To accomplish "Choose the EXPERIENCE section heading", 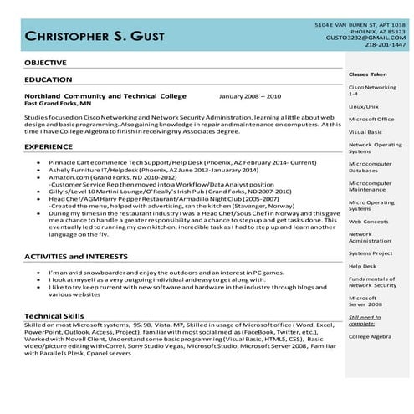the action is pyautogui.click(x=49, y=146).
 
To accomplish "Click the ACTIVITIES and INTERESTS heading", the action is pyautogui.click(x=79, y=256).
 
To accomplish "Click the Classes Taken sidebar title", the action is pyautogui.click(x=367, y=74).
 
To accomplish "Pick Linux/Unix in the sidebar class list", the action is pyautogui.click(x=364, y=107).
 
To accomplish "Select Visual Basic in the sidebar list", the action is pyautogui.click(x=365, y=131).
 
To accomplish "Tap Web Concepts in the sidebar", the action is pyautogui.click(x=368, y=222).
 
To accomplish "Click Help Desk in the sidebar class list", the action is pyautogui.click(x=362, y=266).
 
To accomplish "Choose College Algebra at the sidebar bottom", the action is pyautogui.click(x=371, y=336).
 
